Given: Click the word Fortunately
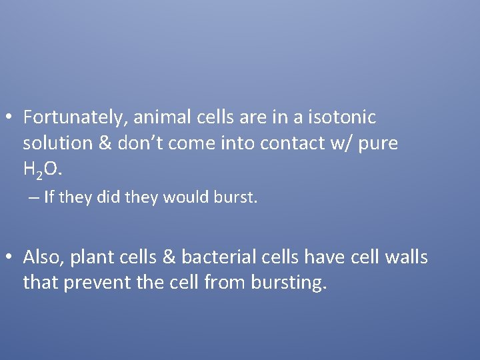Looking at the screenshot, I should click(x=73, y=118).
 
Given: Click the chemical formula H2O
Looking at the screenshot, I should click(x=42, y=171).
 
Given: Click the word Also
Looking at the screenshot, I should click(x=42, y=257).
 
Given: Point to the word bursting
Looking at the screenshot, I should click(x=289, y=283).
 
